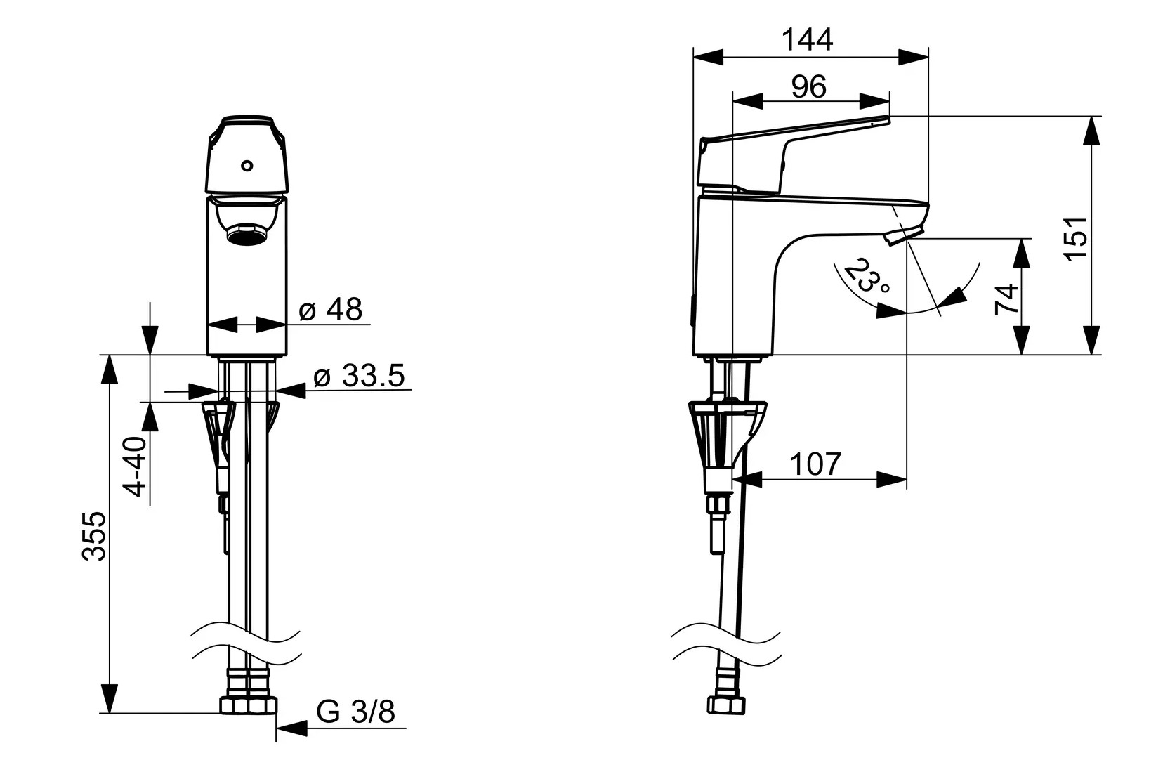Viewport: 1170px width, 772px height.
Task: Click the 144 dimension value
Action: click(807, 40)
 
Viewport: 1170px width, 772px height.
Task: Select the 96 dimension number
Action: click(809, 86)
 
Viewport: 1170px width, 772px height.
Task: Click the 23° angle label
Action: click(865, 276)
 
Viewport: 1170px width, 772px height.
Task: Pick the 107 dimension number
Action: click(815, 464)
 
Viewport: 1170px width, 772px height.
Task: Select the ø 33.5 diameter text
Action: click(360, 376)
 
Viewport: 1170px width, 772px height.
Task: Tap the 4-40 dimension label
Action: click(136, 466)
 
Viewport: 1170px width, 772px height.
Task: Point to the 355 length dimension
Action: click(95, 537)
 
